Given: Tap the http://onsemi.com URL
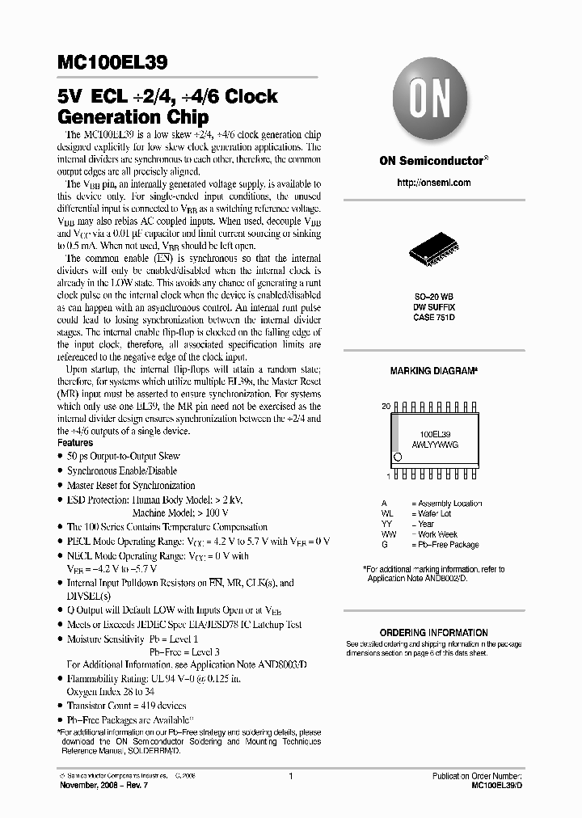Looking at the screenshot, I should pos(433,183).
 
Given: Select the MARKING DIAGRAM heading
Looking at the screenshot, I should pos(433,370).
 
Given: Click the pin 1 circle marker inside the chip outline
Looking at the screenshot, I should pos(397,457).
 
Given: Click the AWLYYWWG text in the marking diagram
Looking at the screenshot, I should pos(435,445).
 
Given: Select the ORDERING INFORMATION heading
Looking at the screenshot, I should pos(433,633).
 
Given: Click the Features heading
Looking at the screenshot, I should pos(75,443).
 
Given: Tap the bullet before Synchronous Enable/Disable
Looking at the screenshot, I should pos(61,471).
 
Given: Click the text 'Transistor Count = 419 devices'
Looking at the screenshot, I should pos(126,706).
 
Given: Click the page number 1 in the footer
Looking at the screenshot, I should pos(289,776).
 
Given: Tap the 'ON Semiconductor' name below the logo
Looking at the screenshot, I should pos(431,161).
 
